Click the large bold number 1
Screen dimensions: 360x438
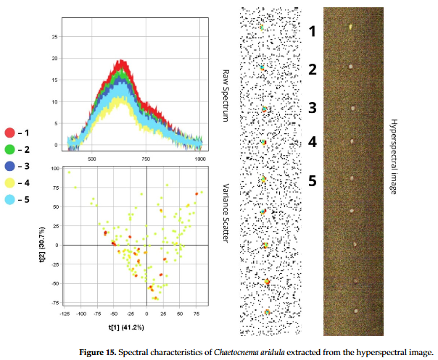tap(313, 32)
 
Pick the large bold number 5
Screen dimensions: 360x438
tap(313, 180)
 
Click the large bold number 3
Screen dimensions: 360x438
tap(313, 108)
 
